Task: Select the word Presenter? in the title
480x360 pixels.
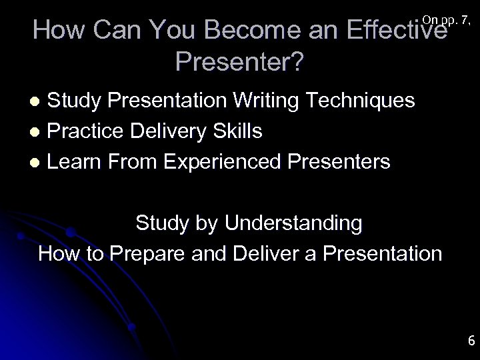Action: pyautogui.click(x=240, y=62)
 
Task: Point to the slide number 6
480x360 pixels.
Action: pyautogui.click(x=471, y=341)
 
